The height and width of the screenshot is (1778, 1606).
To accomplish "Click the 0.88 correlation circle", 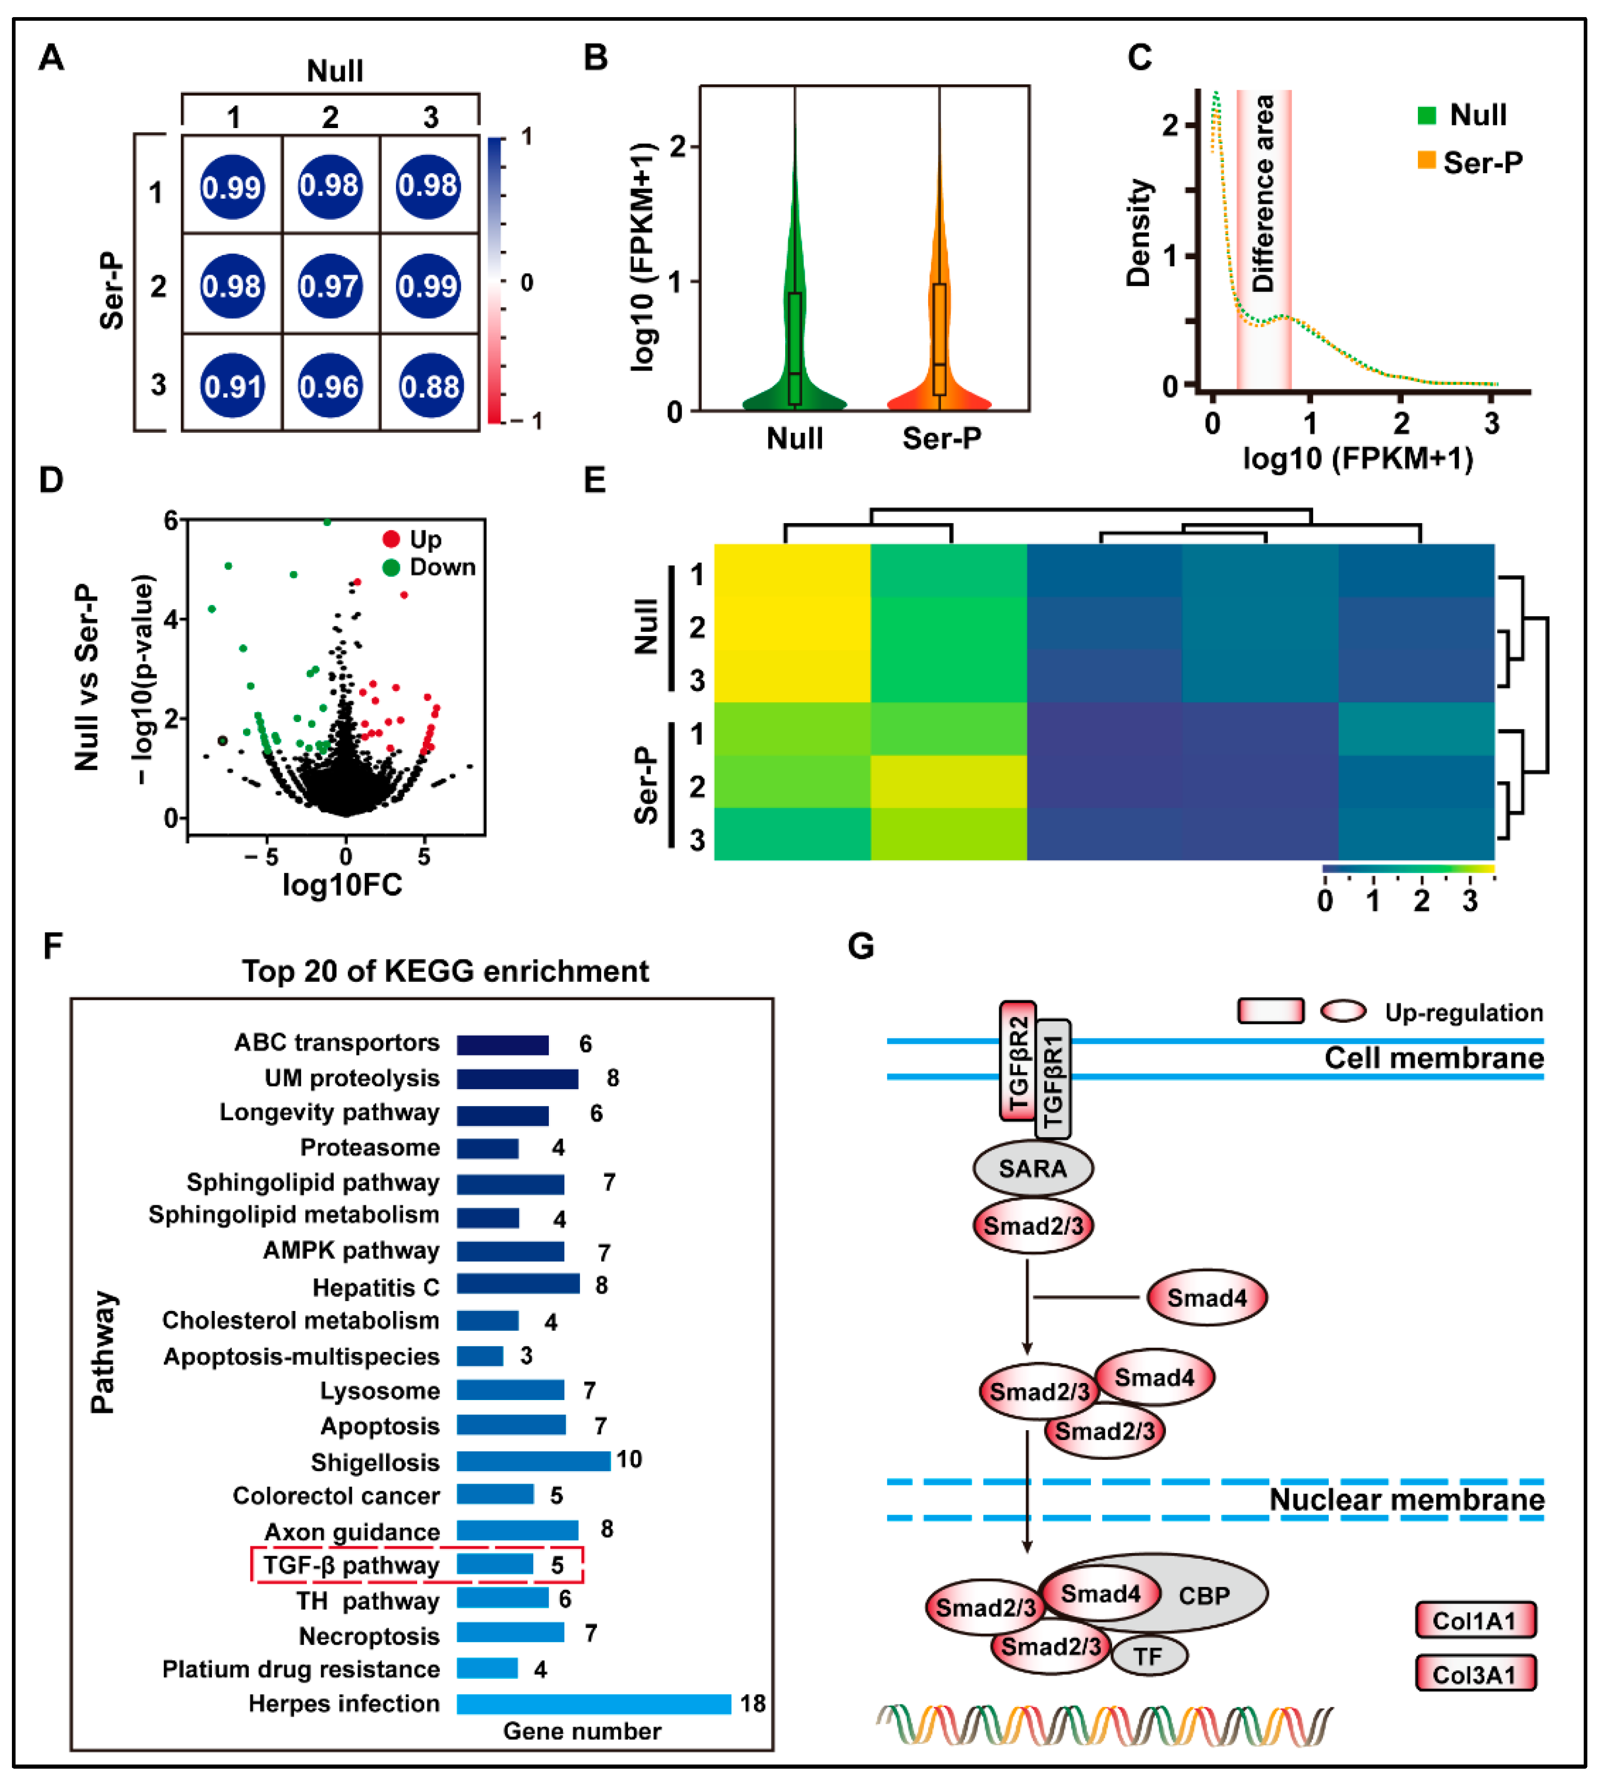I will [429, 386].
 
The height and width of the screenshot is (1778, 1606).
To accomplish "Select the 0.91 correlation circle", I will [232, 386].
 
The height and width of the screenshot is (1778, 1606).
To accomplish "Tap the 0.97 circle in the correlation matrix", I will [330, 286].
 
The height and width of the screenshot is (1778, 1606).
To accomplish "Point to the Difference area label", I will [1263, 194].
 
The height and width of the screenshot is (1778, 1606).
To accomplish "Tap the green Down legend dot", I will [391, 567].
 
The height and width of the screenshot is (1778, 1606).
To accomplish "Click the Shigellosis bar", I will [533, 1461].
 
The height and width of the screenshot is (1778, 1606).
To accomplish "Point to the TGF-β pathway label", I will [351, 1565].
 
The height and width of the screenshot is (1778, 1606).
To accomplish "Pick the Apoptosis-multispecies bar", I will [480, 1356].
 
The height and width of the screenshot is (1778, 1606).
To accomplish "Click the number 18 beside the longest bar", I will [752, 1703].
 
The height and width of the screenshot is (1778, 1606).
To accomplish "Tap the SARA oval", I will [1033, 1168].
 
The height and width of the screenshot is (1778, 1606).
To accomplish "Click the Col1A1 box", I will [1474, 1620].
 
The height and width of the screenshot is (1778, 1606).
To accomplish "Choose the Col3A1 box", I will [1474, 1674].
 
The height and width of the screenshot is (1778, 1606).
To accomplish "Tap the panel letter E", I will [595, 480].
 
